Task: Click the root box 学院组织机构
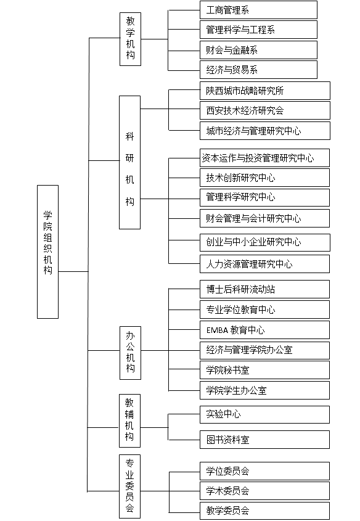(48, 252)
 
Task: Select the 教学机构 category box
(130, 39)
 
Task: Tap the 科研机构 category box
(130, 163)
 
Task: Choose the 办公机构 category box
(130, 353)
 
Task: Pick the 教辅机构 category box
(130, 420)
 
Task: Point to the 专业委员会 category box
(130, 486)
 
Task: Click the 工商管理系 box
(258, 10)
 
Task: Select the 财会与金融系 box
(258, 50)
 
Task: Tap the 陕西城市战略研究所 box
(265, 91)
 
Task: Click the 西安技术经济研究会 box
(265, 110)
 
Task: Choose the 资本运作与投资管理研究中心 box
(264, 158)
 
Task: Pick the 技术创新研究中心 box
(264, 178)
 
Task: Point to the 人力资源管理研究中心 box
(264, 264)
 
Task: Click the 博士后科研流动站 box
(264, 289)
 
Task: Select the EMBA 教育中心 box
(264, 330)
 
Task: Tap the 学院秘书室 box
(264, 370)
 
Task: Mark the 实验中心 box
(264, 414)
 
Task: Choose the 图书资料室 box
(264, 440)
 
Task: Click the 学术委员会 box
(264, 491)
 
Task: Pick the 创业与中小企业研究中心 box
(265, 242)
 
